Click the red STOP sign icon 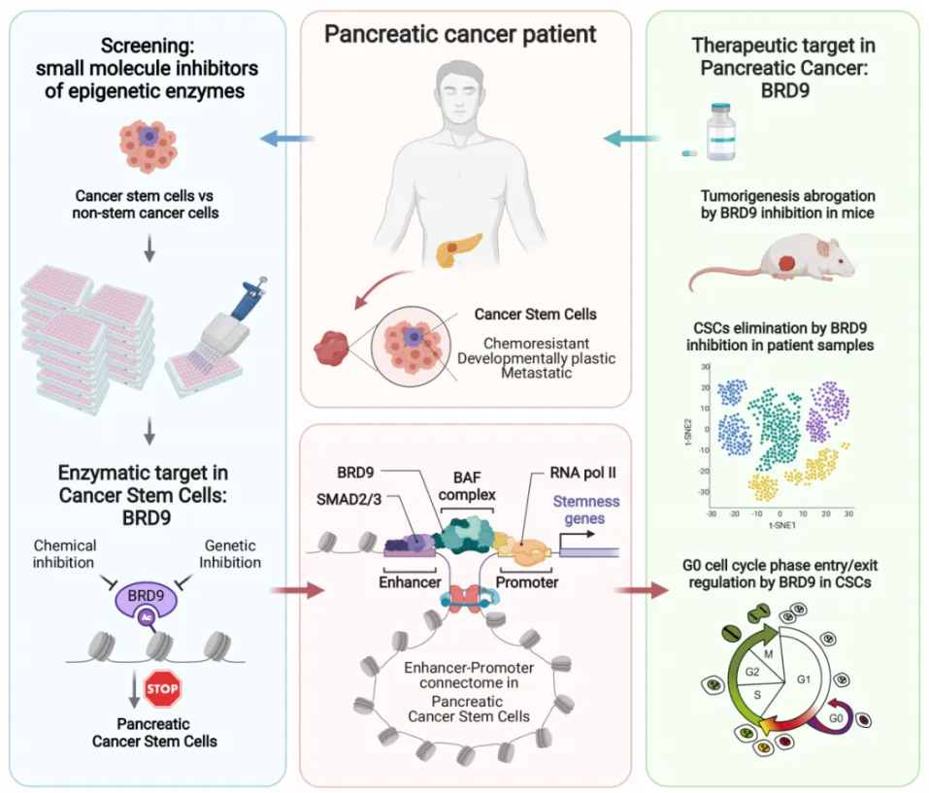(x=162, y=688)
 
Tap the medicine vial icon (x=720, y=132)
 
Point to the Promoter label (x=527, y=582)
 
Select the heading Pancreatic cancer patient (x=459, y=35)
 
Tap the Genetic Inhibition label (x=229, y=554)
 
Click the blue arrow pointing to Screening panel (x=287, y=140)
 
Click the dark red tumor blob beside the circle (x=333, y=347)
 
